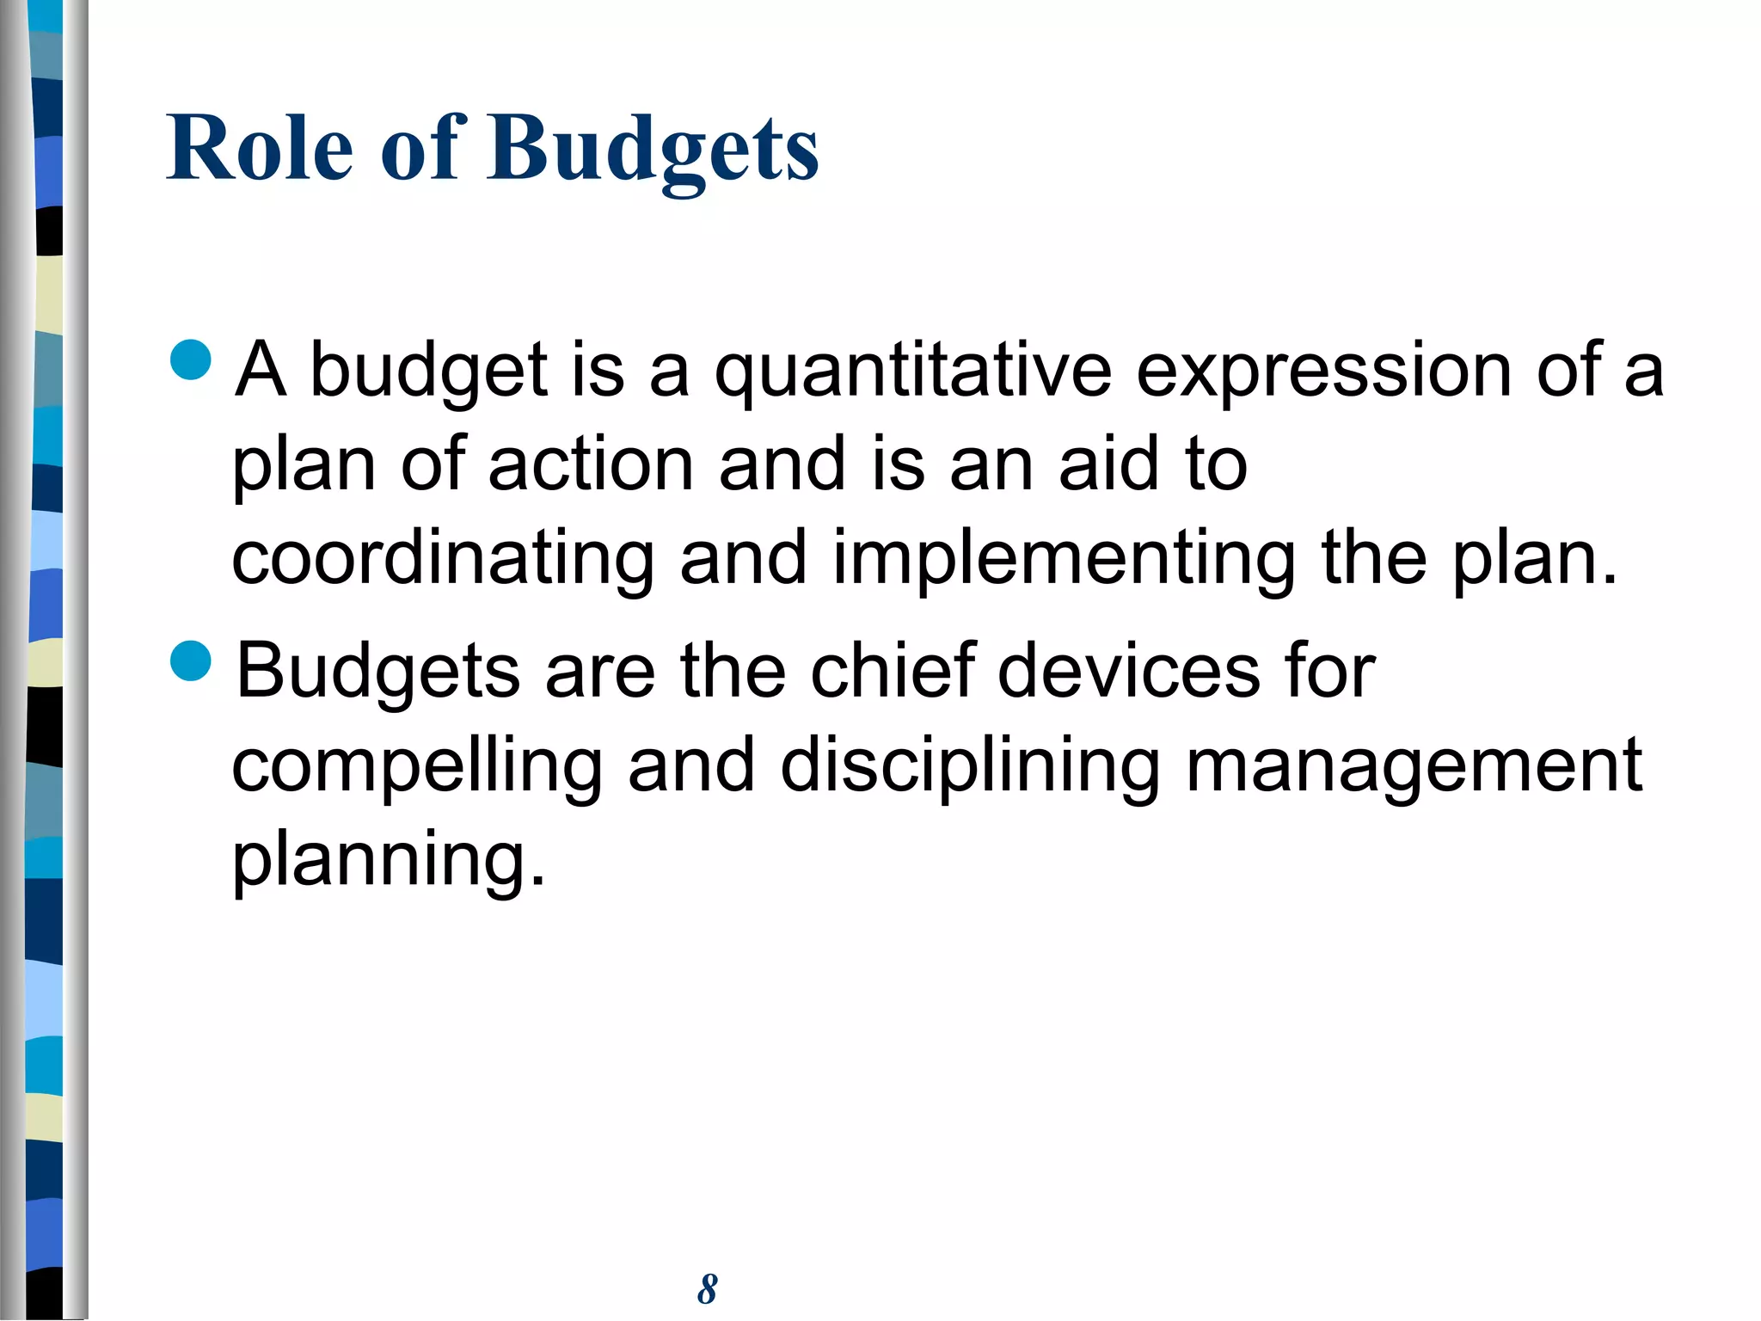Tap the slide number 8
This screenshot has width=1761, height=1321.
click(x=707, y=1289)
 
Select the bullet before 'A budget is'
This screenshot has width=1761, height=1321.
click(x=191, y=359)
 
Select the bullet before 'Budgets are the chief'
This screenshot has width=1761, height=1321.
click(x=191, y=660)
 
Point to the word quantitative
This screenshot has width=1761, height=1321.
click(x=913, y=372)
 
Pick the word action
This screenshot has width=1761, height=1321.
click(x=591, y=464)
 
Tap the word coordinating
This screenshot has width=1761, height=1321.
click(x=443, y=559)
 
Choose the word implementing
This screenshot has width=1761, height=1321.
click(x=1064, y=559)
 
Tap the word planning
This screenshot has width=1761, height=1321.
click(x=389, y=860)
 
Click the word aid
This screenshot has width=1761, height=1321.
click(x=1108, y=464)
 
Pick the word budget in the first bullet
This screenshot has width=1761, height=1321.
click(x=428, y=372)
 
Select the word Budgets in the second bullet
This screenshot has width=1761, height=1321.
click(x=378, y=670)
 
